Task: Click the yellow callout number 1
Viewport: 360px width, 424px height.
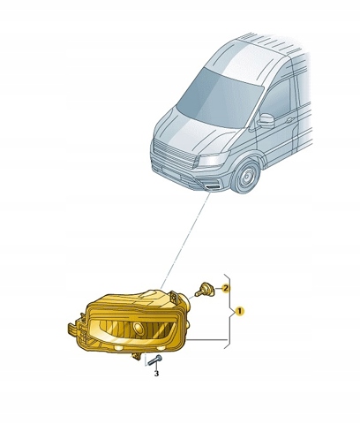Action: tap(240, 311)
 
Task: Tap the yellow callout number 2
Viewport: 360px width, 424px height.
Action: tap(225, 289)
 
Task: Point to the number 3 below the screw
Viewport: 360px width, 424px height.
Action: tap(156, 374)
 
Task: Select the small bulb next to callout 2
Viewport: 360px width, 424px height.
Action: tap(205, 289)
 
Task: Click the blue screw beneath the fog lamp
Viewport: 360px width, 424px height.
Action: tap(154, 360)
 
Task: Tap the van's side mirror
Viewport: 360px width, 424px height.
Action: tap(266, 120)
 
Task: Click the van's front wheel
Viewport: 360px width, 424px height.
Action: tap(246, 176)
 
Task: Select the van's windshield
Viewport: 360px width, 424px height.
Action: tap(220, 98)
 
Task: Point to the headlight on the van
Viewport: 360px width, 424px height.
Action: tap(213, 161)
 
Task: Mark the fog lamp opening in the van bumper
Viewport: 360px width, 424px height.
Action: tap(213, 185)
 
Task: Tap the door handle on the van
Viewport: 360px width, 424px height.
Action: tap(290, 120)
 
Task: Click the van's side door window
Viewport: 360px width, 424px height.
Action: tap(275, 97)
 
